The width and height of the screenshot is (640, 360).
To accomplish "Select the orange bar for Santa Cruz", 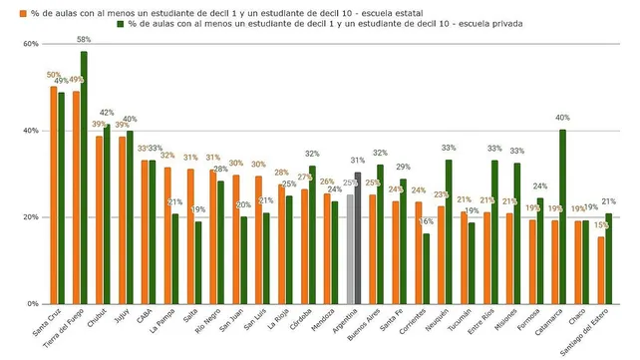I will point(54,194).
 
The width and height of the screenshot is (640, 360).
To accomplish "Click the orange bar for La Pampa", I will point(167,235).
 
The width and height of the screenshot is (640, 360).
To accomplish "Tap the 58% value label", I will point(84,39).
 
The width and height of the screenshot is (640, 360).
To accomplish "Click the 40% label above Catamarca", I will point(563,118).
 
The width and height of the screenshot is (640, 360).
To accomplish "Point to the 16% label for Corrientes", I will point(427,221).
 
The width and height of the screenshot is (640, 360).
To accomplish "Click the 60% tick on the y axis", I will point(30,44).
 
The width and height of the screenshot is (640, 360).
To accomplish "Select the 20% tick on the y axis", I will point(30,217).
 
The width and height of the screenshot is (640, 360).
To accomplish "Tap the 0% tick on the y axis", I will point(33,304).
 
